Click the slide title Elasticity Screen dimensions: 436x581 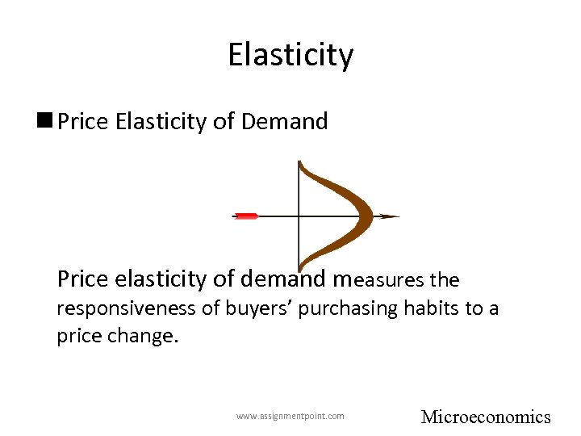coord(290,55)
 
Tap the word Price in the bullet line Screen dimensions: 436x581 coord(83,122)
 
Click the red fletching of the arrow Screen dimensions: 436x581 coord(245,216)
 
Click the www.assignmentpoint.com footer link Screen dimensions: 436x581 coord(290,416)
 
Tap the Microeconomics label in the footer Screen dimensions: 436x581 coord(486,417)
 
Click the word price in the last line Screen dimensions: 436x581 coord(77,335)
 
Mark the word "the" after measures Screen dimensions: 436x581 coord(445,280)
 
